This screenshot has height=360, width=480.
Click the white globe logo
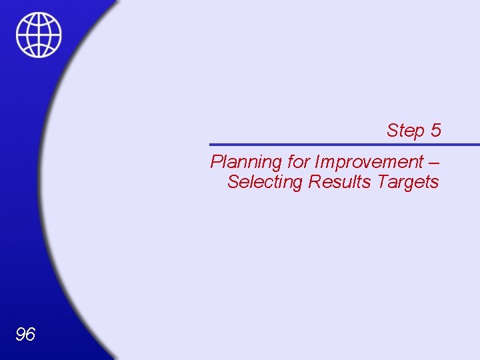(39, 35)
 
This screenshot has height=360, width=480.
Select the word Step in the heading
(405, 130)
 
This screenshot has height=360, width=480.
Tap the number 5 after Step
(435, 130)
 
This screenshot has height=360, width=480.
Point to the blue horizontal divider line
(344, 145)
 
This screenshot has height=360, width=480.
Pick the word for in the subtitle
(298, 162)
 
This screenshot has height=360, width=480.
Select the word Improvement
(369, 162)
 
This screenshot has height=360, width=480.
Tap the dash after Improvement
(435, 162)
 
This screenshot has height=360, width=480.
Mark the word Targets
(408, 181)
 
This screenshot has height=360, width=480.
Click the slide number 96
(25, 334)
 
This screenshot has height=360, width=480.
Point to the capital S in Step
(393, 130)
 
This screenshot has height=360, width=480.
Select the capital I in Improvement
(317, 162)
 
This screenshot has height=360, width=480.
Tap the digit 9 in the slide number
(20, 334)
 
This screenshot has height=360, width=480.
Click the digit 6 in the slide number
(31, 334)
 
